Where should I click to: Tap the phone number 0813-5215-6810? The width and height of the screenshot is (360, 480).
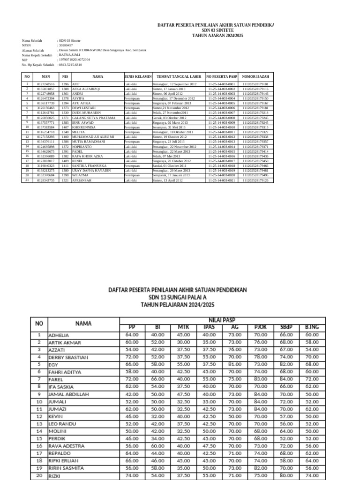point(70,64)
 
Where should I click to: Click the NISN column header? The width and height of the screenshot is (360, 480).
point(45,76)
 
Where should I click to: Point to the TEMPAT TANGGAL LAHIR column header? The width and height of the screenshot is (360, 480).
point(179,76)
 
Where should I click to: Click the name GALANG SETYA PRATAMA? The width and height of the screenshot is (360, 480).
point(93,118)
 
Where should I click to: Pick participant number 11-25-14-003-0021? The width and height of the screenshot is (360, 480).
point(221,180)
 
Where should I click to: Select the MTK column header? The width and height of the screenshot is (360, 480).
point(183,327)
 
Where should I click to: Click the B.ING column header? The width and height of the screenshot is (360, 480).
point(311,327)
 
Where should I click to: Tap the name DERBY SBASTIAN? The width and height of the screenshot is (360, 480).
point(68,357)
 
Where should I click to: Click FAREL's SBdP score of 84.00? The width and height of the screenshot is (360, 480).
point(286,379)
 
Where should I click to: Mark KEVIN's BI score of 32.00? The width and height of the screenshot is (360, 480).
point(157,416)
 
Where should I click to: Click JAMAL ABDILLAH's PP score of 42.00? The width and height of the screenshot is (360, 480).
point(132,394)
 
